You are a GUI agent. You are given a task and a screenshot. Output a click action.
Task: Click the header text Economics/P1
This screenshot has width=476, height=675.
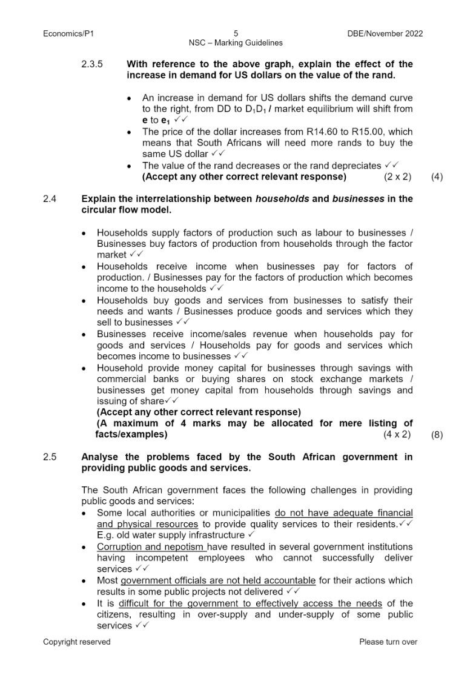68,34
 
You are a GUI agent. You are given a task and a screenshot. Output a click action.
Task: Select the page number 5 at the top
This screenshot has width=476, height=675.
236,34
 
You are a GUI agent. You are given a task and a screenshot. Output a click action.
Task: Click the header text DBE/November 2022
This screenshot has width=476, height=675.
381,34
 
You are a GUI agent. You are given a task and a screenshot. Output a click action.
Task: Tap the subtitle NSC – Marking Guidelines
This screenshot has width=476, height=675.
236,43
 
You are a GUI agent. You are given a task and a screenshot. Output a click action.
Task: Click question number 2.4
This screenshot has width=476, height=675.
50,199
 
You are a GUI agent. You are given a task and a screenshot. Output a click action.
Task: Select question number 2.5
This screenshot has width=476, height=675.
50,457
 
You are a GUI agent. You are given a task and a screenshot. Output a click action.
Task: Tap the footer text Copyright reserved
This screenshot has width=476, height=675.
77,642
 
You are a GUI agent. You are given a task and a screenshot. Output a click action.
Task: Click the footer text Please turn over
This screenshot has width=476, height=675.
388,642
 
